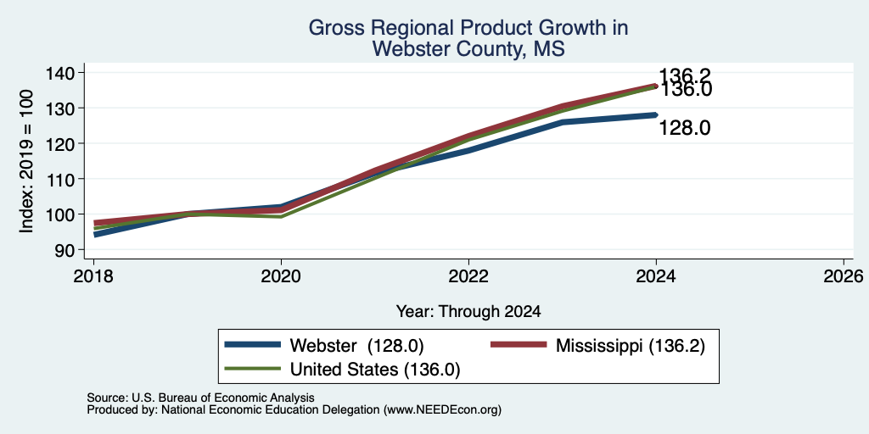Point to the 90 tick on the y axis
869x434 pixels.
tap(66, 250)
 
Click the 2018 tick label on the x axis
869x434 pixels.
tap(93, 275)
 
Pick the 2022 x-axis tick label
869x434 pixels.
tap(468, 275)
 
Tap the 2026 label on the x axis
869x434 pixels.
tap(844, 275)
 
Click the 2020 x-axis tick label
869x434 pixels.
tap(281, 275)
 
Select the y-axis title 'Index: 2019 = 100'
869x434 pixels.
tap(26, 161)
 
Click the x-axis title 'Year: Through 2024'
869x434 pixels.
tap(468, 312)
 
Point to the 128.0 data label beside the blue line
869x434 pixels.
tap(685, 129)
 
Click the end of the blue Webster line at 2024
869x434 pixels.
tap(656, 115)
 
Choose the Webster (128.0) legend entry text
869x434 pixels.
tap(357, 346)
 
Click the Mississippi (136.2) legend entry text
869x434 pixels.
tap(631, 346)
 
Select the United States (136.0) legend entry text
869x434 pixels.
tap(375, 370)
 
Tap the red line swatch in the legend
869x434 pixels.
tap(519, 345)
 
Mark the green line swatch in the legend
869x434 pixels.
tap(252, 369)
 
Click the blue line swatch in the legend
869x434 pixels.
tap(252, 345)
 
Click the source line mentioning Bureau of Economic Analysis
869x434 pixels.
tap(200, 398)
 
